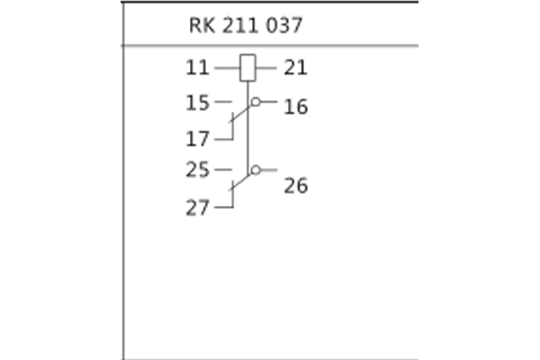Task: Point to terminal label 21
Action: pyautogui.click(x=295, y=67)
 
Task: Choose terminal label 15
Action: pyautogui.click(x=197, y=103)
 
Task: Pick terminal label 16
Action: pyautogui.click(x=295, y=107)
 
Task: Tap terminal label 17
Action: pyautogui.click(x=197, y=139)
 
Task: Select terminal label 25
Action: pyautogui.click(x=197, y=169)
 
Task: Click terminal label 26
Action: pyautogui.click(x=295, y=186)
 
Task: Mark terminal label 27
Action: pyautogui.click(x=197, y=208)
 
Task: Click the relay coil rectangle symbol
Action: pyautogui.click(x=247, y=67)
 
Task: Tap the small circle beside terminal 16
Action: pyautogui.click(x=256, y=103)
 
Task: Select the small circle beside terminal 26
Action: pyautogui.click(x=256, y=169)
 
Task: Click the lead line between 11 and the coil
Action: pyautogui.click(x=226, y=67)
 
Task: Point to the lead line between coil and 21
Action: pyautogui.click(x=266, y=67)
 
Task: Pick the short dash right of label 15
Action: pyautogui.click(x=223, y=103)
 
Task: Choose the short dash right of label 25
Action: pyautogui.click(x=223, y=169)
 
